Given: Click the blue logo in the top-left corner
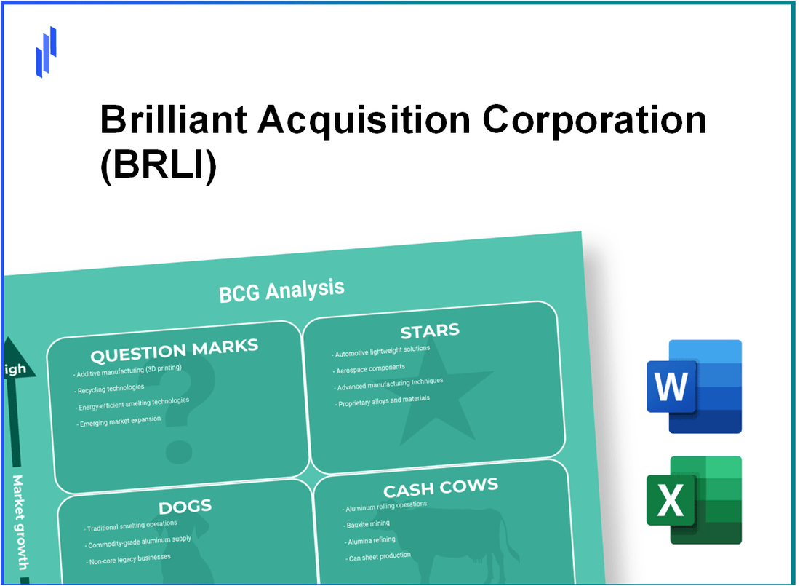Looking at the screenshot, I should tap(46, 52).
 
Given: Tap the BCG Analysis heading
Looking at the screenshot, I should tap(281, 290).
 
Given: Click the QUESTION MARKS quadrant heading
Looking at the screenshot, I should tap(174, 351).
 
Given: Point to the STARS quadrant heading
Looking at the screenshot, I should tap(429, 332).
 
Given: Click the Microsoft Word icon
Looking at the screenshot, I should tap(694, 387).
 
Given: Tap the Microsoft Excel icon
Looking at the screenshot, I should tap(694, 499).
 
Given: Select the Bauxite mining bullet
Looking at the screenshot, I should tap(369, 524).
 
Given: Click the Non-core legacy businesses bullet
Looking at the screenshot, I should tap(129, 558).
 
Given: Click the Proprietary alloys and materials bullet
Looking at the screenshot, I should tap(384, 400).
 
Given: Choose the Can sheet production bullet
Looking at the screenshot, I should tap(379, 556).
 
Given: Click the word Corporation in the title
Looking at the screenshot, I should tap(595, 120).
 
